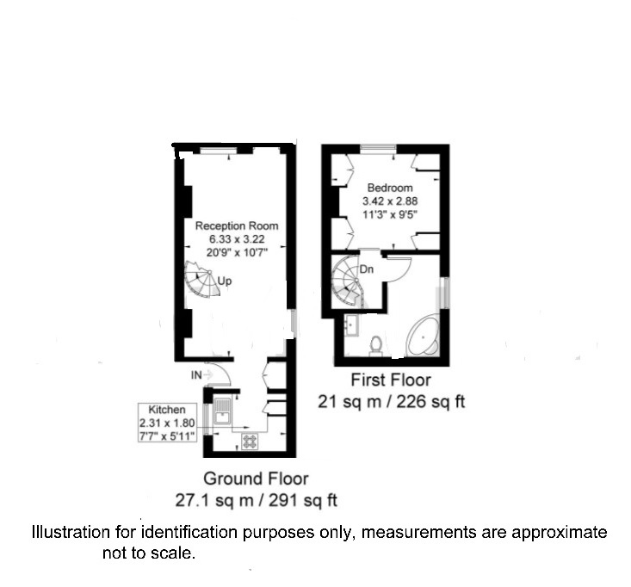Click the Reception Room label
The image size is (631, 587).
[x=237, y=226]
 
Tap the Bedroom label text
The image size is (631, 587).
[x=390, y=188]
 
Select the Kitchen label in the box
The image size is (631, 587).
[x=167, y=410]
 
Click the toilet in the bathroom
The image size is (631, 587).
[x=376, y=346]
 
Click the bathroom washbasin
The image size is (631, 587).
[x=352, y=325]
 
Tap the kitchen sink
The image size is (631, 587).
[x=222, y=411]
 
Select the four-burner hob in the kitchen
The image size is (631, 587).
[x=250, y=442]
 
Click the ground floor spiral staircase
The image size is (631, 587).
[x=202, y=278]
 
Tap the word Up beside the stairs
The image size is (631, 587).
[x=225, y=281]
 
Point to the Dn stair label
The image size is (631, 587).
[x=366, y=269]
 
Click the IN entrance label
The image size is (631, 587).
[x=196, y=375]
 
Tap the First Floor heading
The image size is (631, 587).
[x=391, y=380]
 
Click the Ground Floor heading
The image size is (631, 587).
[x=256, y=479]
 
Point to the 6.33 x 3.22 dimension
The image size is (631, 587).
[x=237, y=239]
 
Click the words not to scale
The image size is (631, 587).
[x=149, y=553]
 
